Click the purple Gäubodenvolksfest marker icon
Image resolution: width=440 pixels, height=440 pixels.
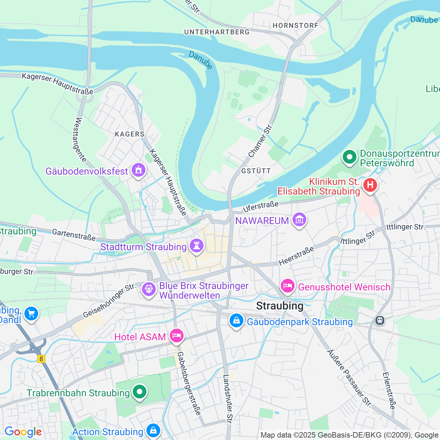click(139, 170)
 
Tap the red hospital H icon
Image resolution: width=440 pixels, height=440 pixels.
click(370, 185)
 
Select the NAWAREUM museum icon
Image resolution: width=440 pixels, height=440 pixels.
click(299, 219)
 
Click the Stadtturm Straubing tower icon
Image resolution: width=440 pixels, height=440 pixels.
click(197, 246)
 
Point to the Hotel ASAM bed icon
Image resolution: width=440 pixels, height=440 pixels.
click(176, 335)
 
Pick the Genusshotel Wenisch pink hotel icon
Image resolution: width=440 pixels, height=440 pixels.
click(288, 286)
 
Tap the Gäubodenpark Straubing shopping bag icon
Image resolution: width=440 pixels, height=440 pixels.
click(236, 320)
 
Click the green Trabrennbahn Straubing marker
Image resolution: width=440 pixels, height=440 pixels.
click(139, 392)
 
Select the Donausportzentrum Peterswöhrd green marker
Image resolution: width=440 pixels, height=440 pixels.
click(350, 157)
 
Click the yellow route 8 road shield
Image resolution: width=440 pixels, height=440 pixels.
click(41, 359)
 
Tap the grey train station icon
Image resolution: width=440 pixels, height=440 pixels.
click(379, 320)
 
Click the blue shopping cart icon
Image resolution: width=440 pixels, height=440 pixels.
click(31, 313)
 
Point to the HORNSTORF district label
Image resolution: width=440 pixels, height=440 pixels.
click(295, 25)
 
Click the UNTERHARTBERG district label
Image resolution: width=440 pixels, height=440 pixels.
click(217, 32)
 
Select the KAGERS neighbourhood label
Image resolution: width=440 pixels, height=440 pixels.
click(130, 134)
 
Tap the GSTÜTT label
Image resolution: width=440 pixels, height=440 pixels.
click(256, 171)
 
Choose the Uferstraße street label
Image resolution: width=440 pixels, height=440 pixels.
click(261, 207)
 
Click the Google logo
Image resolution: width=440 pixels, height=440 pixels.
click(23, 432)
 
